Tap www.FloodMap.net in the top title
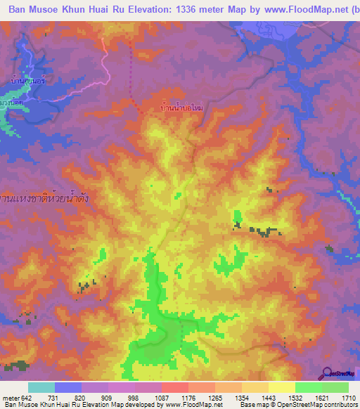point(304,11)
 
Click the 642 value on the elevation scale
point(25,398)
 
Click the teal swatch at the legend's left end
point(41,387)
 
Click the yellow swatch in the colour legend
point(282,387)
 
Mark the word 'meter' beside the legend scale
point(9,398)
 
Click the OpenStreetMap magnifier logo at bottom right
point(328,373)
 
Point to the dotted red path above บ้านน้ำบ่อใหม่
point(133,77)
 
